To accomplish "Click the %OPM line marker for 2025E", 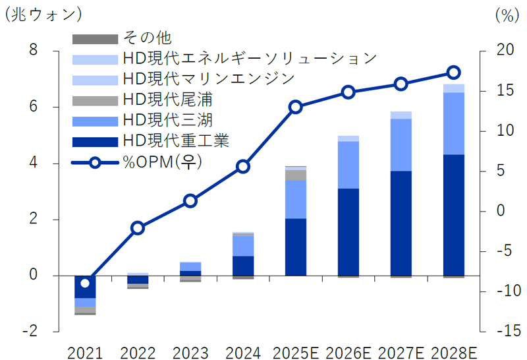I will point(296,107).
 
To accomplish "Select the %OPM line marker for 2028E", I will point(453,73).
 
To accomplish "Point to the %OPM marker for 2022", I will point(138,228).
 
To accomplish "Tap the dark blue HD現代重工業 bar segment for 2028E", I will point(453,215).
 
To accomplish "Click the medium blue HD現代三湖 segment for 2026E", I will point(348,165).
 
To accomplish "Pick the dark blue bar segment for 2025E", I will point(296,247).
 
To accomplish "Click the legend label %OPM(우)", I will point(162,162).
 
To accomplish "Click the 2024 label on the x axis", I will point(242,351).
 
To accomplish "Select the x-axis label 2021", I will point(85,351).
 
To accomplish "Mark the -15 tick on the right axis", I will point(502,331).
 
